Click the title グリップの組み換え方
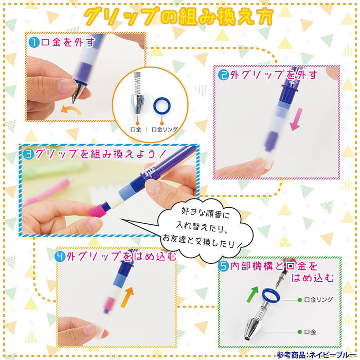(x=179, y=16)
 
